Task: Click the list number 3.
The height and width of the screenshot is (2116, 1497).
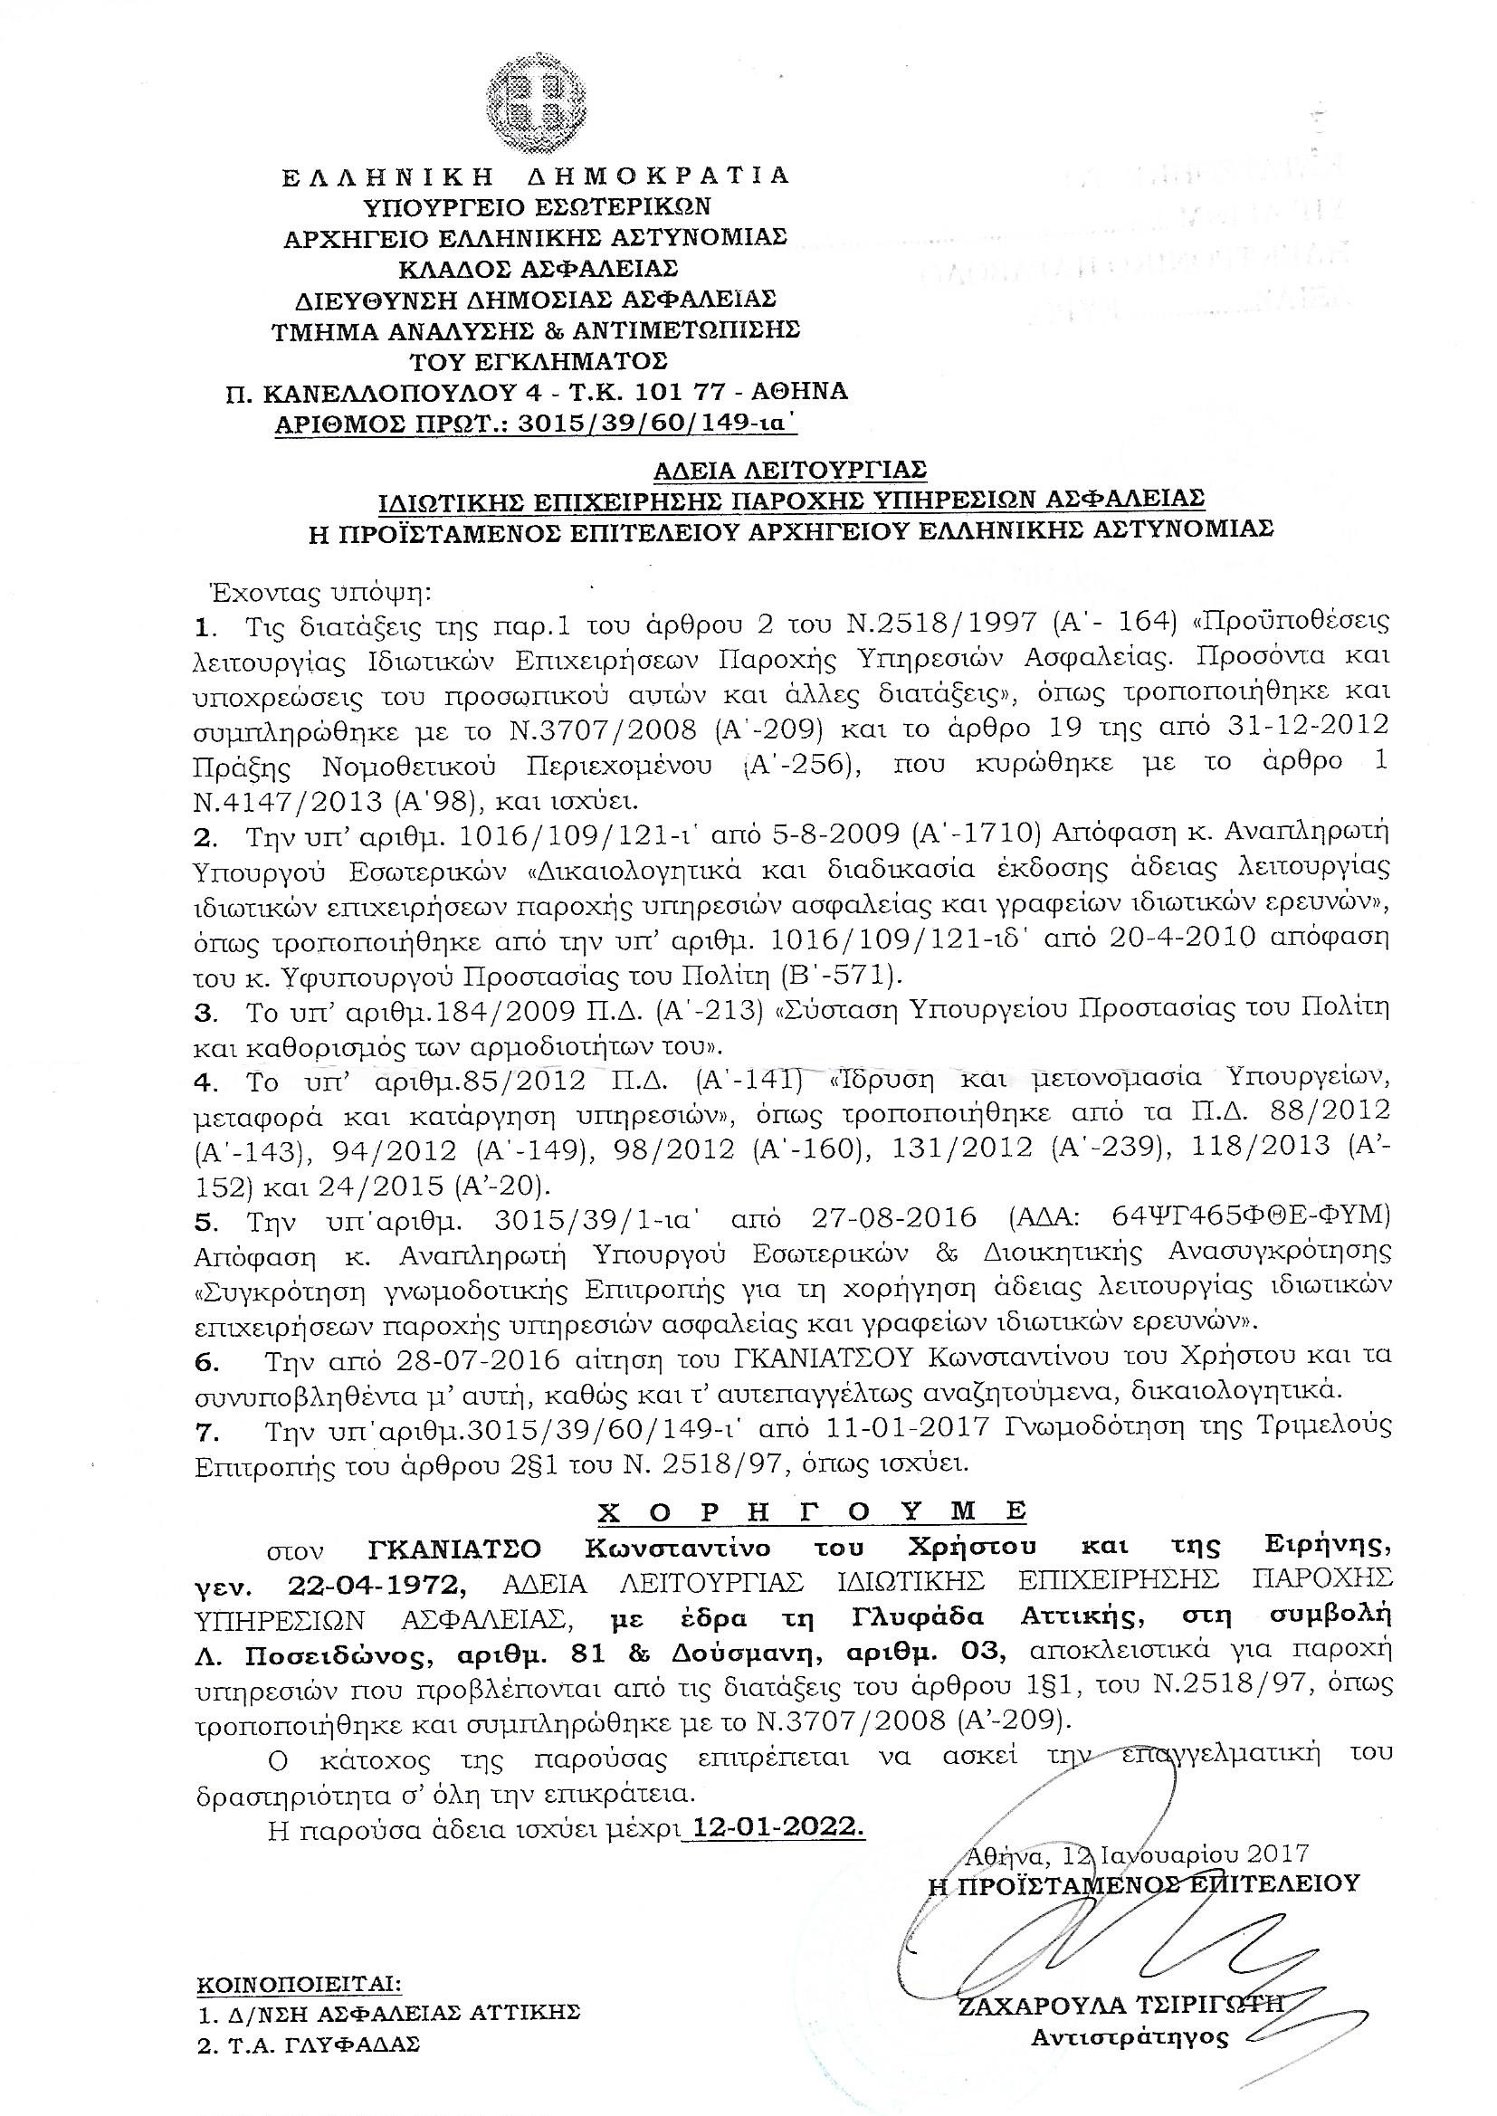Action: [205, 1011]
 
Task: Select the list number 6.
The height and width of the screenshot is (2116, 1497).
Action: [206, 1358]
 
